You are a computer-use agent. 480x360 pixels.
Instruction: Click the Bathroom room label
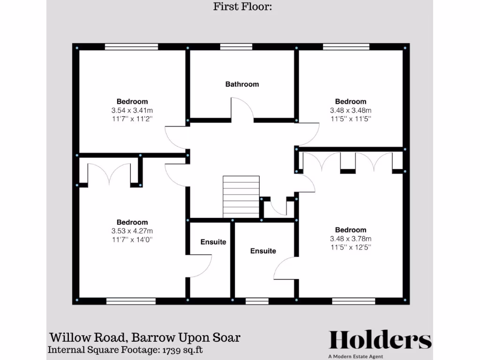242,84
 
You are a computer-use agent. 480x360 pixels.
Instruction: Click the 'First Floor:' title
243,7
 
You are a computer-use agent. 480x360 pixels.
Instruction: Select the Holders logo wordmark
380,340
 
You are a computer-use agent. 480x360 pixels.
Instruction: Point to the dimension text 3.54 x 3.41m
132,110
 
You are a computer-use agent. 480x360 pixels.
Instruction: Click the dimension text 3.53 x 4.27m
132,231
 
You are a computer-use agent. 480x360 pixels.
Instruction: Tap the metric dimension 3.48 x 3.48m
351,110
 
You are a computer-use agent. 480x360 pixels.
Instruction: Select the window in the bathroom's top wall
236,46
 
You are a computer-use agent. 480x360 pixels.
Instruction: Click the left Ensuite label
213,242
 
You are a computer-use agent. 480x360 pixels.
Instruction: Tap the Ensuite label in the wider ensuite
263,251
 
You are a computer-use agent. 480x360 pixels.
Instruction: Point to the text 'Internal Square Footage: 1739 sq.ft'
126,350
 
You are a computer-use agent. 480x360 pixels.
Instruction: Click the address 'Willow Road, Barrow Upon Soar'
145,337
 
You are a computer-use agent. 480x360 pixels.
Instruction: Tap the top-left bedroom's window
131,46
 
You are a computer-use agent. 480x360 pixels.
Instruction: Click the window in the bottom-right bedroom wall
354,301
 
